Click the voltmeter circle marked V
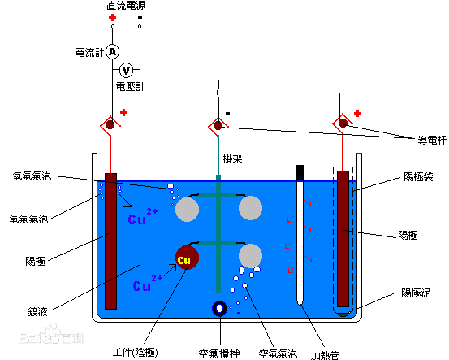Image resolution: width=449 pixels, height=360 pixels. [127, 71]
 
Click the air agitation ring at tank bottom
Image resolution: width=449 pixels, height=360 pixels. [220, 309]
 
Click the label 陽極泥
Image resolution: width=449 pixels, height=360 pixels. [418, 293]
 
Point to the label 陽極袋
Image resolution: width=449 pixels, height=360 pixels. [418, 176]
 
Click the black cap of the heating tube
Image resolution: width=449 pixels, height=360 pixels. [300, 171]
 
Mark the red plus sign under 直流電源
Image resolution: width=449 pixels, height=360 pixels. [112, 17]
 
